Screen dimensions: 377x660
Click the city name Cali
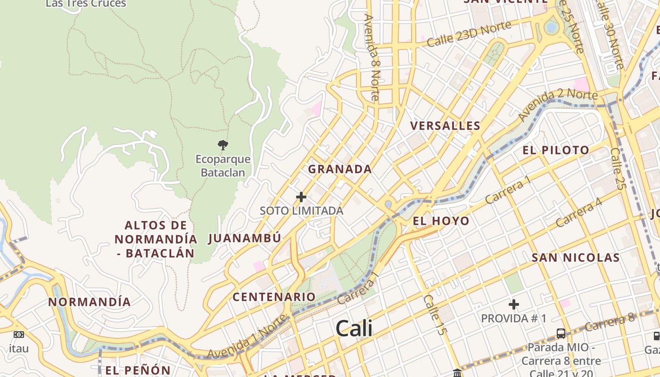(354, 328)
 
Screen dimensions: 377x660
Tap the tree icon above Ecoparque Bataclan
(223, 145)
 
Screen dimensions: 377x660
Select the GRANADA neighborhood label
(340, 169)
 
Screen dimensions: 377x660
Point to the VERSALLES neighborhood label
(445, 126)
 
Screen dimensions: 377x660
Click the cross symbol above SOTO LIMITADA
(301, 197)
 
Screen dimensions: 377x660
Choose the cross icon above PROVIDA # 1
(514, 304)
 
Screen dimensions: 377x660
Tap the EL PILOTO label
(556, 150)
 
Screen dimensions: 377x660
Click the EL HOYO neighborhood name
(441, 221)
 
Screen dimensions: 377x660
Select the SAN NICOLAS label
(576, 257)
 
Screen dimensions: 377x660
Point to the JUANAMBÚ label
(245, 238)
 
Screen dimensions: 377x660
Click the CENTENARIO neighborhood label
(274, 297)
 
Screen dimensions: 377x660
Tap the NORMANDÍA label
(90, 302)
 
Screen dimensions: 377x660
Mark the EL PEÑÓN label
(138, 370)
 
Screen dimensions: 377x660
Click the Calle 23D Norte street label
(469, 34)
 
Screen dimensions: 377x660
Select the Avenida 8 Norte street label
(372, 57)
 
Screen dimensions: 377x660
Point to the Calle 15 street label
(434, 315)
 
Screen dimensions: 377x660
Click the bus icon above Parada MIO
(561, 334)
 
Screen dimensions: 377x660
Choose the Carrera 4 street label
(579, 212)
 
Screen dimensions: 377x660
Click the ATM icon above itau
(19, 335)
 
